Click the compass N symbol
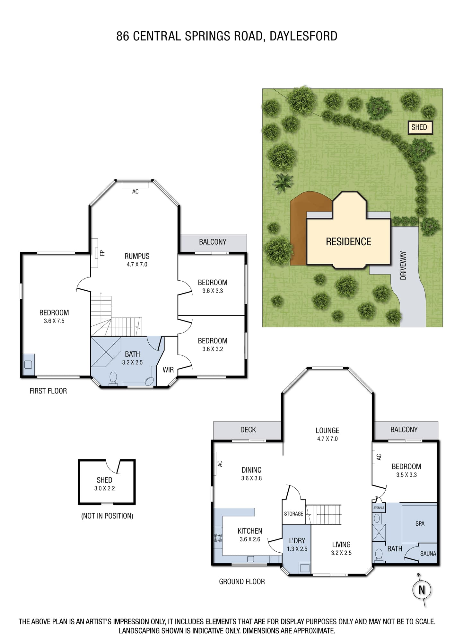[x=422, y=590]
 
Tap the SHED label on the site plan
[x=419, y=127]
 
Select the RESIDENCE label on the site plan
[x=348, y=242]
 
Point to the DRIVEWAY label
[x=403, y=266]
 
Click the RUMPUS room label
[x=137, y=256]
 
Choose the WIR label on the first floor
[x=168, y=370]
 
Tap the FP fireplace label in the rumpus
[x=102, y=253]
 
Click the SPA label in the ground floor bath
[x=420, y=524]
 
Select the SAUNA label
[x=428, y=554]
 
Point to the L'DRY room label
[x=297, y=541]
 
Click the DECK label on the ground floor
[x=248, y=430]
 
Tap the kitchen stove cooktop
[x=218, y=538]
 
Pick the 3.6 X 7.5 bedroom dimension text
[x=54, y=321]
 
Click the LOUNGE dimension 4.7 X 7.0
[x=327, y=439]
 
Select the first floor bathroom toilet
[x=113, y=379]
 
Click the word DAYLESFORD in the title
[x=303, y=36]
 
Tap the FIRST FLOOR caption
[x=48, y=391]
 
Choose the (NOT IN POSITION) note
[x=107, y=516]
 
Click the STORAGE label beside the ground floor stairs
[x=293, y=514]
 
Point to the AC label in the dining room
[x=220, y=464]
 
